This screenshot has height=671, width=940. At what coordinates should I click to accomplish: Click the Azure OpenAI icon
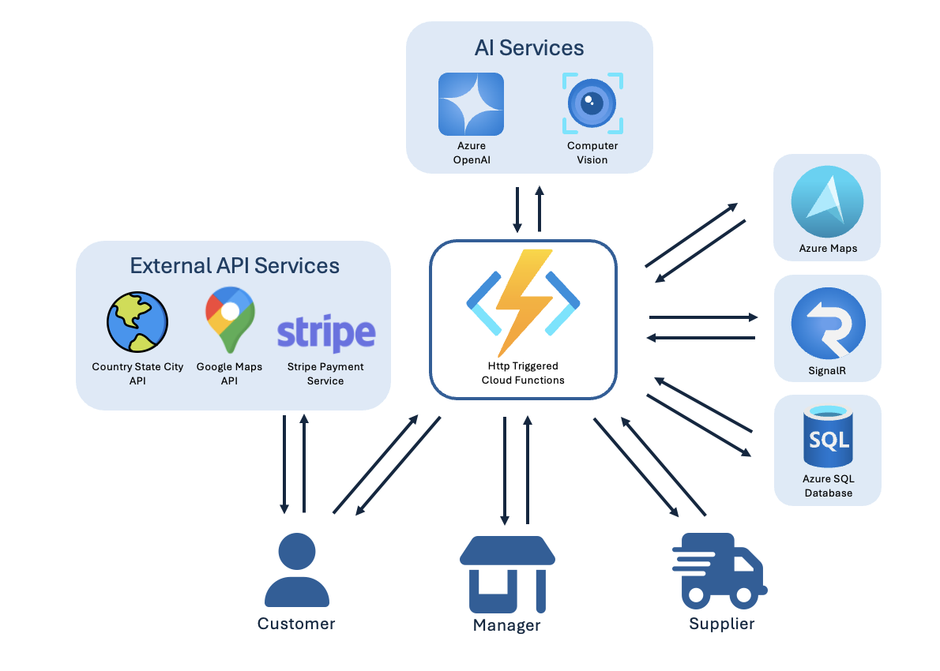click(471, 104)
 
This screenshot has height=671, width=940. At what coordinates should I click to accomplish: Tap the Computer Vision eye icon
click(592, 103)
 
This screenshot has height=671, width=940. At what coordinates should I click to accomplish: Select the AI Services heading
click(529, 48)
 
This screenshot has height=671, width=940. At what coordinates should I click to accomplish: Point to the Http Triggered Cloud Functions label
click(523, 373)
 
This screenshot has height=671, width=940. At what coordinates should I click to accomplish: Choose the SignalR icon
click(828, 324)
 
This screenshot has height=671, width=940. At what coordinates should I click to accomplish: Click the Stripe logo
click(325, 333)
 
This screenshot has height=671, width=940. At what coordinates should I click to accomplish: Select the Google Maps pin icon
click(230, 319)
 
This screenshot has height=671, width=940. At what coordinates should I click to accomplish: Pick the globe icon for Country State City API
click(137, 321)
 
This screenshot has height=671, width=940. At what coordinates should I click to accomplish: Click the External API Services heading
click(235, 265)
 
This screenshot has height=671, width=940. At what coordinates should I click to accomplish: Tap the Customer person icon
click(296, 569)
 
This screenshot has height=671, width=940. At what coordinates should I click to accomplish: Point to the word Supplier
click(721, 624)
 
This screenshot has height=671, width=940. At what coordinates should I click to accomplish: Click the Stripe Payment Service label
click(325, 373)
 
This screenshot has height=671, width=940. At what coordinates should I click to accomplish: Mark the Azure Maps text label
click(827, 249)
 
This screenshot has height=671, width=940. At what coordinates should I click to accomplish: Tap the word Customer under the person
click(296, 624)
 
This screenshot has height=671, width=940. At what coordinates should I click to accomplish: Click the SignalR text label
click(827, 369)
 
